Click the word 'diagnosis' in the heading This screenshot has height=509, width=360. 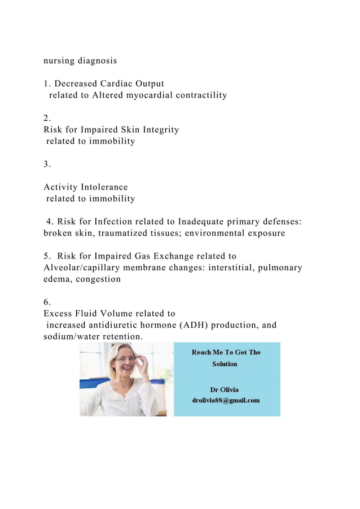pos(96,60)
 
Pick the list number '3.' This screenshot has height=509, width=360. pos(47,164)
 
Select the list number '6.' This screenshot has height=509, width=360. pos(47,302)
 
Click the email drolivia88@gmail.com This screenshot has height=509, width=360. pos(226,400)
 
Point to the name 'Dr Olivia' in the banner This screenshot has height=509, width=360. pos(225,389)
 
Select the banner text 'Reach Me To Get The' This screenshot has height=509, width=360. pos(226,352)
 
